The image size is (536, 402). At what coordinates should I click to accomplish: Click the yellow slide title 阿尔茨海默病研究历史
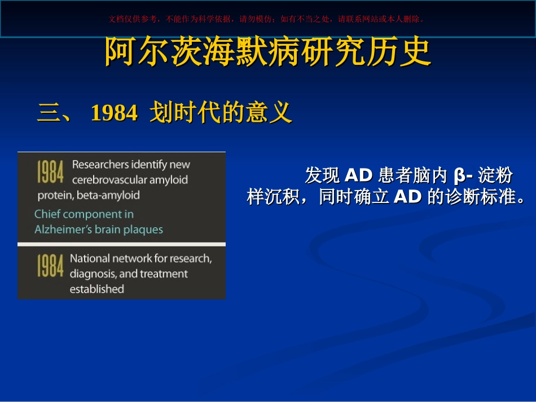tap(267, 51)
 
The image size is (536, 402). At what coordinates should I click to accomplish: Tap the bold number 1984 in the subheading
tap(114, 113)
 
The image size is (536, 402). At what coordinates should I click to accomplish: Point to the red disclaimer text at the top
tap(266, 19)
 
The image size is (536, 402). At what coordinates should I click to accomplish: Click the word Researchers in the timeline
tap(100, 165)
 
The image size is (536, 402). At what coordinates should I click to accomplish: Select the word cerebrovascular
tap(109, 180)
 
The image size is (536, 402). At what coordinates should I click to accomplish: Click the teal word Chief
tap(47, 214)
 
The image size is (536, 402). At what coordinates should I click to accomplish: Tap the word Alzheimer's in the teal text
tap(63, 229)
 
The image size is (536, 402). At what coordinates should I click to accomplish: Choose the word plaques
tap(143, 230)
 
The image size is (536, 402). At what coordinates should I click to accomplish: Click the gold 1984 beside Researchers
tap(50, 172)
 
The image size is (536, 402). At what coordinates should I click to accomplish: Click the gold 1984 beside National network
tap(50, 265)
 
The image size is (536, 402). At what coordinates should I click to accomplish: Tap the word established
tap(96, 289)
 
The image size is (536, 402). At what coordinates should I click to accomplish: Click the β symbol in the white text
tap(459, 176)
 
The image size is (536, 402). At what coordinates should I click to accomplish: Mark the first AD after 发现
tap(358, 175)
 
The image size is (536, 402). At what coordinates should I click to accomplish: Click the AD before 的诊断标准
tap(407, 197)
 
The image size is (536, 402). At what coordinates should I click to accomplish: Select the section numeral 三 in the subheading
tap(49, 113)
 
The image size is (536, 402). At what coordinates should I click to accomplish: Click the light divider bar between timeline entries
tap(121, 244)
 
